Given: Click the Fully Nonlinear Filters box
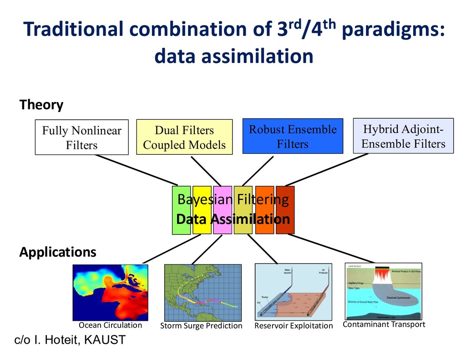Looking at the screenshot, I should [82, 137].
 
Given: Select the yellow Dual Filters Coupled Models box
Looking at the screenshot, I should [184, 137].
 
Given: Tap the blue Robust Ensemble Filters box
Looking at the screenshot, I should [293, 136].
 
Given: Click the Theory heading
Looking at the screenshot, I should [41, 105].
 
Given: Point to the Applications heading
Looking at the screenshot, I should [58, 252].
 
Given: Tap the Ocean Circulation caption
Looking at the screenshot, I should [110, 325].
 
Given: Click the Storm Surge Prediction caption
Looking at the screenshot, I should [201, 325].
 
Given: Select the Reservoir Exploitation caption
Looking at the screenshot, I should [294, 325].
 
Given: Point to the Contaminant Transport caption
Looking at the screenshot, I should [384, 325].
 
